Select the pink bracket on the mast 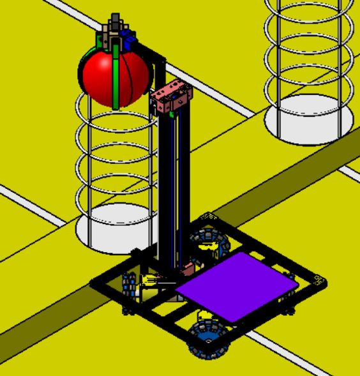pos(170,99)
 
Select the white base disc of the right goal pos(309,124)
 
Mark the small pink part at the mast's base pos(189,266)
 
